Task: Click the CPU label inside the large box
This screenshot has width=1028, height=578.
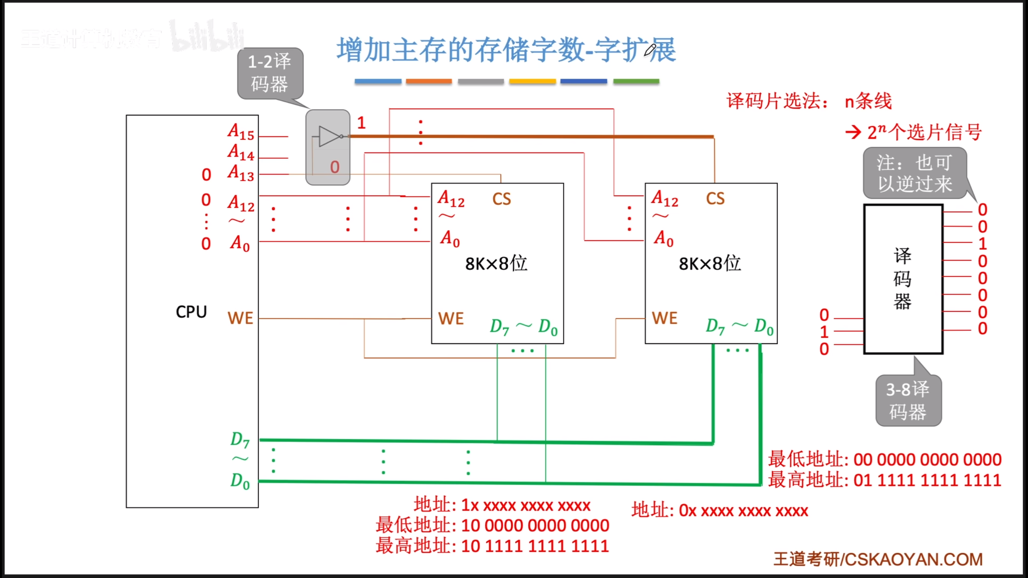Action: pyautogui.click(x=191, y=312)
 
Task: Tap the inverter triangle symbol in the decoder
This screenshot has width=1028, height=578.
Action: pyautogui.click(x=330, y=136)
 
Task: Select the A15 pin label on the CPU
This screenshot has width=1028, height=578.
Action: pyautogui.click(x=241, y=132)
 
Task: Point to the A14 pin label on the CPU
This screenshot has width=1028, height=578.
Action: pyautogui.click(x=241, y=153)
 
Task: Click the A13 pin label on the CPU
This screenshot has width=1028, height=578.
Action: pyautogui.click(x=241, y=173)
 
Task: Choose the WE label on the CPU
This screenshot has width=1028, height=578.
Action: pyautogui.click(x=240, y=318)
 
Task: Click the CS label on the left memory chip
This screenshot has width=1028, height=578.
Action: pyautogui.click(x=502, y=199)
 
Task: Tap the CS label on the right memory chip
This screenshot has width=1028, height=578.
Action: pyautogui.click(x=715, y=199)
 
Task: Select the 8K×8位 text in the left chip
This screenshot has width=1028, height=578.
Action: pyautogui.click(x=496, y=264)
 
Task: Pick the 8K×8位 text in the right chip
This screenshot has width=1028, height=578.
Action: pyautogui.click(x=710, y=264)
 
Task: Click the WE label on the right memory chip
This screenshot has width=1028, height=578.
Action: pyautogui.click(x=665, y=318)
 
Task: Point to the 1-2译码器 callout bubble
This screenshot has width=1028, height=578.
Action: pyautogui.click(x=270, y=73)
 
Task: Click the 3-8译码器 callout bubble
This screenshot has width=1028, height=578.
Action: pyautogui.click(x=908, y=400)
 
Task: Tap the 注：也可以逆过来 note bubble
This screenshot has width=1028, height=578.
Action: pyautogui.click(x=914, y=173)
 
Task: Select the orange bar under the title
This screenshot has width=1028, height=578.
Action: pyautogui.click(x=428, y=81)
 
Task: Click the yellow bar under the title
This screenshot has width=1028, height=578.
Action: pyautogui.click(x=532, y=81)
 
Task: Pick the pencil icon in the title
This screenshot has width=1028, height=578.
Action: pyautogui.click(x=650, y=50)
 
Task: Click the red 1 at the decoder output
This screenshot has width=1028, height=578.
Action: pyautogui.click(x=361, y=123)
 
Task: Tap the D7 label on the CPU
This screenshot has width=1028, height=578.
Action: pyautogui.click(x=240, y=440)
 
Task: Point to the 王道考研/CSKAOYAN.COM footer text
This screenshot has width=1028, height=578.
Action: pyautogui.click(x=878, y=560)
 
